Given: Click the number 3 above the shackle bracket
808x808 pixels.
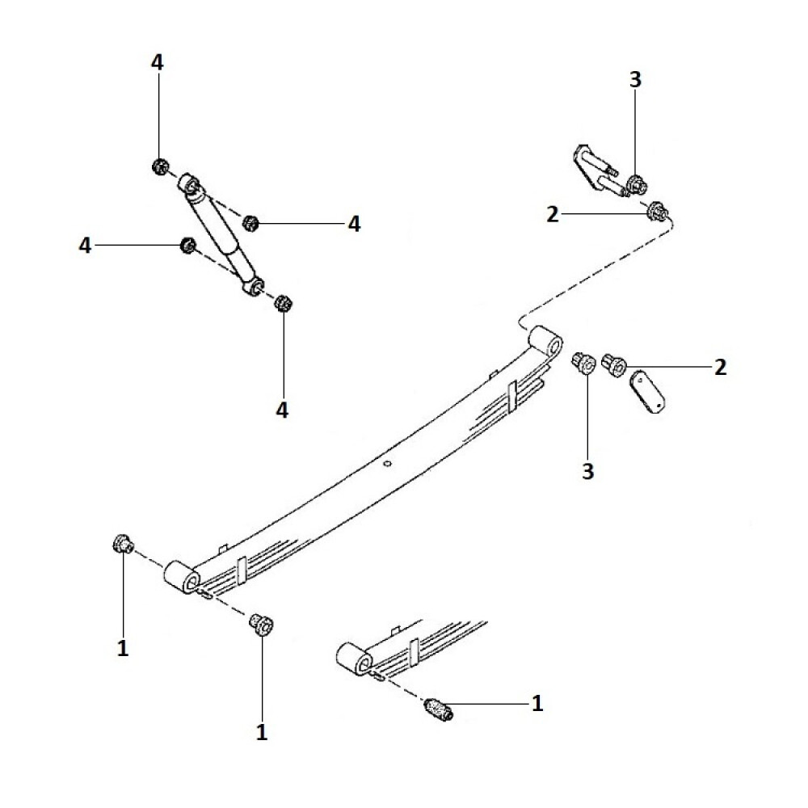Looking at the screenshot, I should pyautogui.click(x=635, y=79).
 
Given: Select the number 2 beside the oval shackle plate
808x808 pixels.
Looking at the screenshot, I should pyautogui.click(x=720, y=368).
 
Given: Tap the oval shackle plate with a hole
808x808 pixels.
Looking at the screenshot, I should pyautogui.click(x=650, y=390).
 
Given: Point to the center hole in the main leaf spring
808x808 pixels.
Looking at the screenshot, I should pyautogui.click(x=388, y=464).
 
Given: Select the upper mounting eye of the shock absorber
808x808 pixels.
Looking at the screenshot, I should pyautogui.click(x=190, y=187).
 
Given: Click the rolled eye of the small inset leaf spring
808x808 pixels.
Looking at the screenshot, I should pyautogui.click(x=354, y=659).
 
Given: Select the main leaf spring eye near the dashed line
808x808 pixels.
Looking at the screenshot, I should pyautogui.click(x=547, y=340).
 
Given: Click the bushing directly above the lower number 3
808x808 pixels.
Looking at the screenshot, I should pyautogui.click(x=583, y=362).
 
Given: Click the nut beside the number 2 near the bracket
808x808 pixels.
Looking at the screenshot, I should pyautogui.click(x=656, y=212).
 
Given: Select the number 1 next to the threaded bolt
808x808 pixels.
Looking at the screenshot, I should pyautogui.click(x=536, y=704).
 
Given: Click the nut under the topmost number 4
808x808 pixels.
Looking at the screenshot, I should pyautogui.click(x=159, y=167).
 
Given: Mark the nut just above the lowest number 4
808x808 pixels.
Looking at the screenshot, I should pyautogui.click(x=283, y=305).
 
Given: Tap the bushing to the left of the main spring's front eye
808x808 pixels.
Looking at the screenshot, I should pyautogui.click(x=123, y=545).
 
